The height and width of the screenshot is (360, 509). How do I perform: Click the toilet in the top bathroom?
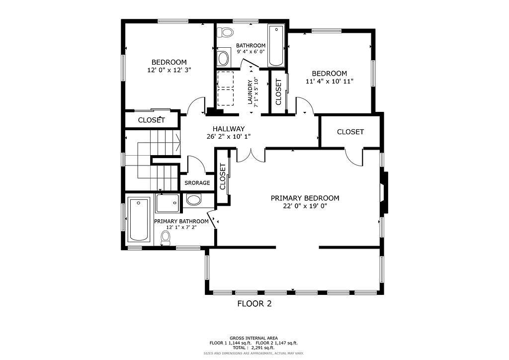(x=227, y=33)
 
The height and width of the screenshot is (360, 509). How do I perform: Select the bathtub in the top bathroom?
(x=275, y=46)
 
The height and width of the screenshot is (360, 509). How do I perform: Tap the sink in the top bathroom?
(x=223, y=58)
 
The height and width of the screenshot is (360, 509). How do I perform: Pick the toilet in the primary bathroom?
(x=166, y=238)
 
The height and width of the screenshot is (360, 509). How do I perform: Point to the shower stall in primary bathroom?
(x=167, y=203)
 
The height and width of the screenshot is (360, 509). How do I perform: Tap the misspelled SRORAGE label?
(x=197, y=183)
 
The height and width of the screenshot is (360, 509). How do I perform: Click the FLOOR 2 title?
(x=254, y=303)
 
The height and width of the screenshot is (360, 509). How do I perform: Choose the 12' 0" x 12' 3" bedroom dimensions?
(x=169, y=70)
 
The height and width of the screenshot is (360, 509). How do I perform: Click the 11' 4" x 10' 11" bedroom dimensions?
(x=330, y=81)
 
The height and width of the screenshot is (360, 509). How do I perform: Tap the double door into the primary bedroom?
(x=251, y=155)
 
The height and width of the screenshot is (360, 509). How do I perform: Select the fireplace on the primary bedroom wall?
(x=383, y=193)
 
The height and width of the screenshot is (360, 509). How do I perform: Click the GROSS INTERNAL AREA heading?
(x=254, y=338)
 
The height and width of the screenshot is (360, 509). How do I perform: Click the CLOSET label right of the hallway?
(x=350, y=132)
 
